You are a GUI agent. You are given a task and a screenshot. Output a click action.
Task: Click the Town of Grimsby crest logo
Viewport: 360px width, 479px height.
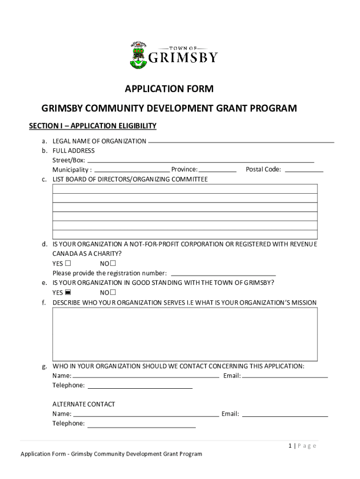(x=138, y=56)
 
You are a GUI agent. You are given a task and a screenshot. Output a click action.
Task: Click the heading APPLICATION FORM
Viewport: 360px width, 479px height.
(x=169, y=88)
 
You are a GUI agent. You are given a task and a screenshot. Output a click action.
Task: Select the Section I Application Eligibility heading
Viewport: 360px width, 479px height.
(x=93, y=126)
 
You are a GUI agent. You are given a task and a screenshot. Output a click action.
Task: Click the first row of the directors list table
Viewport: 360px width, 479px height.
(x=185, y=189)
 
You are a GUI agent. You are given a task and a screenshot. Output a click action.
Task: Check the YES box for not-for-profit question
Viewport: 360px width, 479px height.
(x=68, y=263)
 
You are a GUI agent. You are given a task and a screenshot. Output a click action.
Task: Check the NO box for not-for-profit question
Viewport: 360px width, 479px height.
(x=113, y=263)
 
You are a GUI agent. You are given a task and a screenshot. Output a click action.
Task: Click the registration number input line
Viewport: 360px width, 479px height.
(x=224, y=273)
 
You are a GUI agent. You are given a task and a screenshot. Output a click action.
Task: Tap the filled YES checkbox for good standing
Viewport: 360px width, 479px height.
(x=68, y=292)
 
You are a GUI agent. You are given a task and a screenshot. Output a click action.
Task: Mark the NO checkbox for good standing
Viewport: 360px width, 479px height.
(x=113, y=292)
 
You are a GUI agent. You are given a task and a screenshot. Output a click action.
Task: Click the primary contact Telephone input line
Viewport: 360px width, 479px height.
(x=140, y=386)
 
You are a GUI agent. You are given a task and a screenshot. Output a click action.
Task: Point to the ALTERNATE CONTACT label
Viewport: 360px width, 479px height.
(x=84, y=404)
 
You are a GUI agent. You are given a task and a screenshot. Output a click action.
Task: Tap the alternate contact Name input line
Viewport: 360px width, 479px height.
(x=146, y=414)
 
